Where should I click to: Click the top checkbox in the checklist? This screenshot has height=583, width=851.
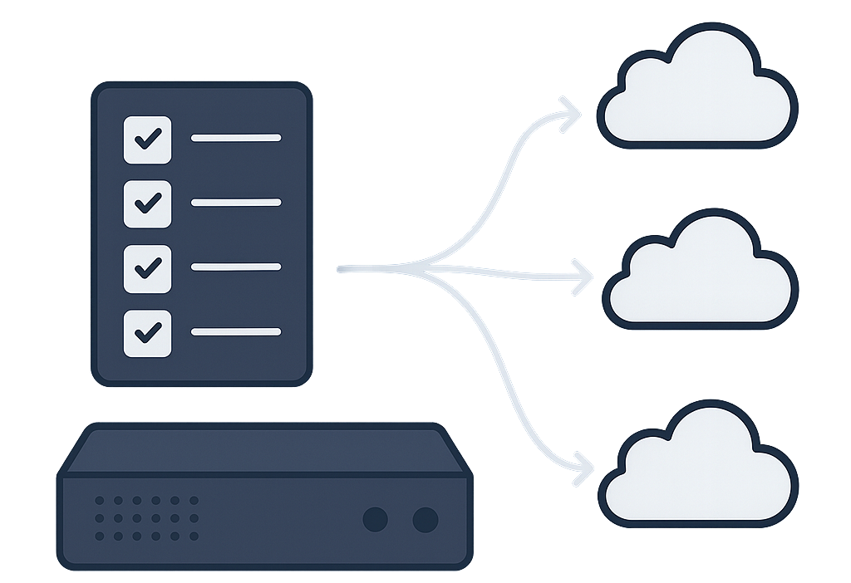click(147, 139)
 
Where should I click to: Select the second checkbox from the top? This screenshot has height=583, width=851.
click(147, 203)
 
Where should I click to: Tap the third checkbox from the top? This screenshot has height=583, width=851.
click(147, 267)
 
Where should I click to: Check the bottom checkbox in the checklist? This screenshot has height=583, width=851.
click(147, 333)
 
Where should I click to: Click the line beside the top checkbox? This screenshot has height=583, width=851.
click(236, 138)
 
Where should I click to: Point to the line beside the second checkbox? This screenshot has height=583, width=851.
click(236, 202)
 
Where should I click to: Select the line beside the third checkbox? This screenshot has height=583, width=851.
click(236, 267)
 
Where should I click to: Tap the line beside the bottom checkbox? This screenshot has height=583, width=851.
click(236, 332)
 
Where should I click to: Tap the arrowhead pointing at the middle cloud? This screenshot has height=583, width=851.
click(580, 275)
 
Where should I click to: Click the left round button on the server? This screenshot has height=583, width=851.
click(376, 520)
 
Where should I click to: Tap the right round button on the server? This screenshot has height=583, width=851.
click(425, 520)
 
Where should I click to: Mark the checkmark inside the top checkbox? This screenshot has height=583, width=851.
click(148, 139)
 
